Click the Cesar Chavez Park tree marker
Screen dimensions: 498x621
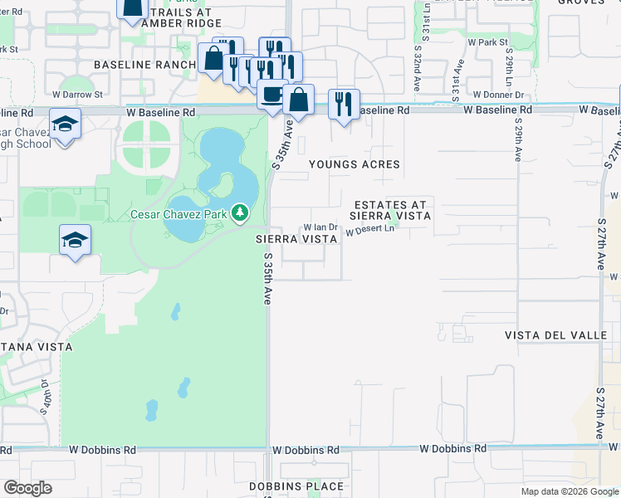point(240,214)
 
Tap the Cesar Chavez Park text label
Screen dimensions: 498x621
point(179,214)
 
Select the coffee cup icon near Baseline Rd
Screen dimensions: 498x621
point(271,95)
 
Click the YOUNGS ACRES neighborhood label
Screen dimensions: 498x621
point(355,164)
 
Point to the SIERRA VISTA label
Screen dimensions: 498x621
point(296,238)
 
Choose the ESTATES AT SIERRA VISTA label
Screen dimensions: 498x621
point(393,210)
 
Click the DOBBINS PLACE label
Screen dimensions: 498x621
point(296,486)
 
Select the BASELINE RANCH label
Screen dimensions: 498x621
point(143,65)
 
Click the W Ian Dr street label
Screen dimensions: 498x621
point(320,227)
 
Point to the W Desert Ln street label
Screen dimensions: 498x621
point(369,231)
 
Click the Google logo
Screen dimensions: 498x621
point(27,488)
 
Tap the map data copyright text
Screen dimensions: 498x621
point(570,491)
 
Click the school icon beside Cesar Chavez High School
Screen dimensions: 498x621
point(63,124)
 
